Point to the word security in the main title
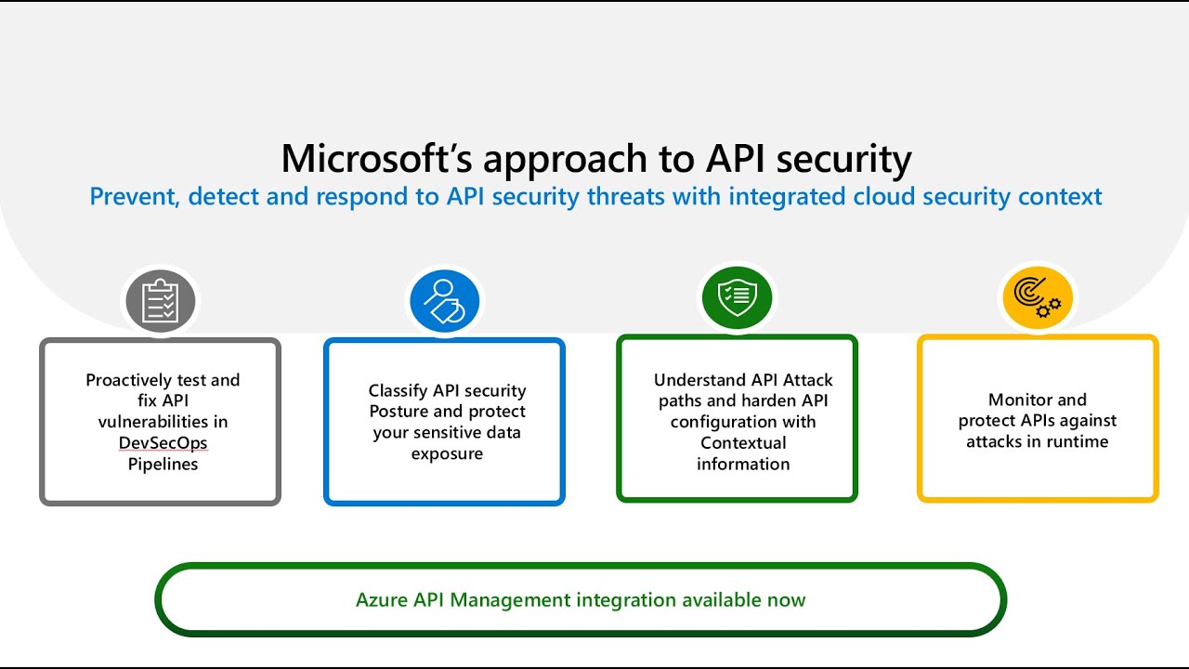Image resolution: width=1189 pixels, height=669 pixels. (x=843, y=159)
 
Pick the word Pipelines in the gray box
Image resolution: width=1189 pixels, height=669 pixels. (x=163, y=464)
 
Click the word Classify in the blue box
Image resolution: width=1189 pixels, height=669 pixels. (x=398, y=390)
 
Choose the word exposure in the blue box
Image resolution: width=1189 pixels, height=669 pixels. (x=447, y=453)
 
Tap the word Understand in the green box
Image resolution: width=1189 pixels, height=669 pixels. (x=698, y=380)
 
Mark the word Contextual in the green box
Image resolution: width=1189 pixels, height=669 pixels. (x=743, y=443)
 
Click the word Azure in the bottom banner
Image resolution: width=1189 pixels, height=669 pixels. (x=381, y=599)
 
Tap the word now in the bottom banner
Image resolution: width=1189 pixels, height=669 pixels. (x=786, y=599)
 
